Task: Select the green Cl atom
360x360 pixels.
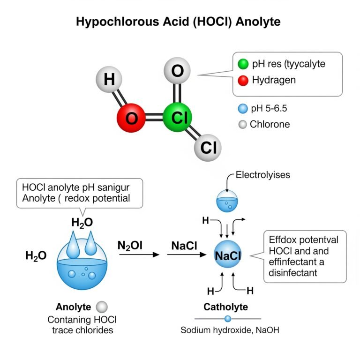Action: coord(178,118)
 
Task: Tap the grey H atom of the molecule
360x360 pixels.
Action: coord(109,79)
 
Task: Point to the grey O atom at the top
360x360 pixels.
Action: coord(178,72)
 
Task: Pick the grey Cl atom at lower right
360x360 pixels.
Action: coord(208,148)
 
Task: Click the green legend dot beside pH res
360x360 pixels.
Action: coord(243,64)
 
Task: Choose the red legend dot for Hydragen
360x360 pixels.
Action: coord(243,80)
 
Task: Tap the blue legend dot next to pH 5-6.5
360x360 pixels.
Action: coord(242,109)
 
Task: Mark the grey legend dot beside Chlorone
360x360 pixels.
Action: coord(242,125)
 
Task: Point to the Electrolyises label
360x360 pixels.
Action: coord(262,175)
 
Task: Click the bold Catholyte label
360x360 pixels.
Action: coord(226,307)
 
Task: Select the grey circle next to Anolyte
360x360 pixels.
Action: coord(102,307)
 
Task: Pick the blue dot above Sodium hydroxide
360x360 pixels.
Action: coord(228,319)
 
